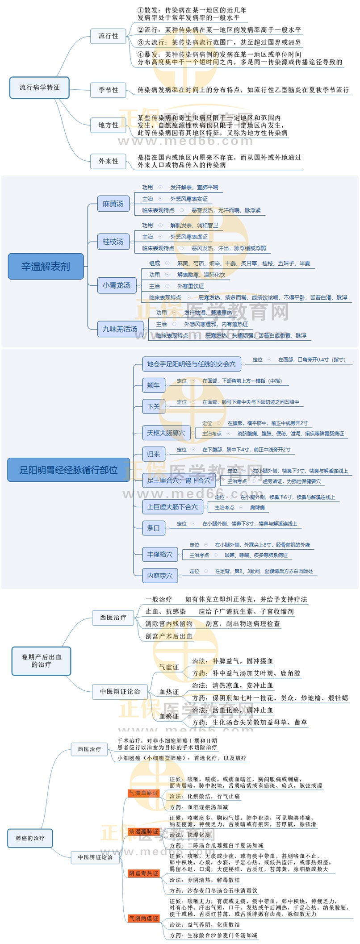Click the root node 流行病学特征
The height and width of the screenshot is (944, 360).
point(39,88)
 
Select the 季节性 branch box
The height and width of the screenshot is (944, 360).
point(109,90)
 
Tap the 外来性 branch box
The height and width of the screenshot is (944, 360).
point(109,161)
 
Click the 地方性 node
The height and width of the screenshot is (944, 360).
point(109,125)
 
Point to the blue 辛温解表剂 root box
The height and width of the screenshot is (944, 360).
point(46,267)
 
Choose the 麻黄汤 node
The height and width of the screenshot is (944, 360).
point(113,204)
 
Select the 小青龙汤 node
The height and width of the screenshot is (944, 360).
point(117,285)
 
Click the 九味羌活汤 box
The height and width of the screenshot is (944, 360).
point(120,329)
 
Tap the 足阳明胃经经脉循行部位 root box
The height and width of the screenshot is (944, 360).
point(68,470)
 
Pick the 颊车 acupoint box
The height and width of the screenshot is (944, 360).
point(153,385)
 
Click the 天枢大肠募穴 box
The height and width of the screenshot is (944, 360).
point(166,433)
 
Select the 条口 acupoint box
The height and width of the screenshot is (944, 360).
point(153,528)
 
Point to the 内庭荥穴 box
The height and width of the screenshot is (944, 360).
point(159,576)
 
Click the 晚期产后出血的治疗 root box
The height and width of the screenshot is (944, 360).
point(41,661)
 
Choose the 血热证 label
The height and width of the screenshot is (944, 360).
point(169,692)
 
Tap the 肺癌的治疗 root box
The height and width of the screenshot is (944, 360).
point(30,838)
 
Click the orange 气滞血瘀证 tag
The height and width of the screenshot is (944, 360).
point(143,793)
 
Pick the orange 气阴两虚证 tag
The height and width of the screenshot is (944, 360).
point(143,918)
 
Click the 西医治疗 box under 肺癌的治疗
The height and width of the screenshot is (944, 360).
point(89,749)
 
